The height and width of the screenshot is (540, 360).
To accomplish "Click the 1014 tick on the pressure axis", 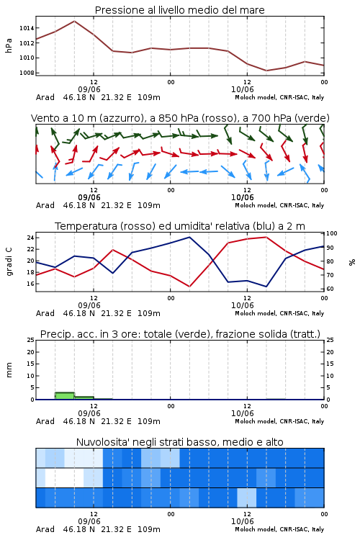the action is click(x=27, y=28).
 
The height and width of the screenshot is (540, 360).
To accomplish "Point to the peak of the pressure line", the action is click(x=74, y=21).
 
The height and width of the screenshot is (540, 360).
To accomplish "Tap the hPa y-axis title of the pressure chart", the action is click(x=9, y=45).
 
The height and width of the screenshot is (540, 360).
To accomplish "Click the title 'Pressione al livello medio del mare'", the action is click(x=180, y=10).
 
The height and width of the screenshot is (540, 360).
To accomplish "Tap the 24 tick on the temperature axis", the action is click(x=30, y=238).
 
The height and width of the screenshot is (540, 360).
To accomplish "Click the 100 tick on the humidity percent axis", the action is click(x=332, y=233).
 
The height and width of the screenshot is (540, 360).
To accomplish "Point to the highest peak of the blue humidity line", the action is click(x=189, y=237).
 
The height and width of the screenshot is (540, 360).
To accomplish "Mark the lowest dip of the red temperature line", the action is click(x=189, y=287).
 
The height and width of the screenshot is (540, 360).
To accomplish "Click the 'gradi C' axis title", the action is click(x=9, y=262).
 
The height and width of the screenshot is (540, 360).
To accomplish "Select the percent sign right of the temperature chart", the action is click(x=352, y=262).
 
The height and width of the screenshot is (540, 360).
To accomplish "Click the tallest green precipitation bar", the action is click(x=65, y=396).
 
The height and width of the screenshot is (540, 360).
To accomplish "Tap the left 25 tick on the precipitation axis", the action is click(x=30, y=340).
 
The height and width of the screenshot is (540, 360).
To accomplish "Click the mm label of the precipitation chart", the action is click(x=9, y=370).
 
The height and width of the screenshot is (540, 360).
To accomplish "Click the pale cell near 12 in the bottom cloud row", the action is click(x=247, y=498).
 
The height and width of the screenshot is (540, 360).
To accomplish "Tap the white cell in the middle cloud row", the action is click(x=64, y=477).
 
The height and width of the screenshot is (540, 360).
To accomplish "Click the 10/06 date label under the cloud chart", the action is click(x=242, y=521).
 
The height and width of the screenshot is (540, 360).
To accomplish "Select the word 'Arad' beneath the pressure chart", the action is click(x=45, y=97).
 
